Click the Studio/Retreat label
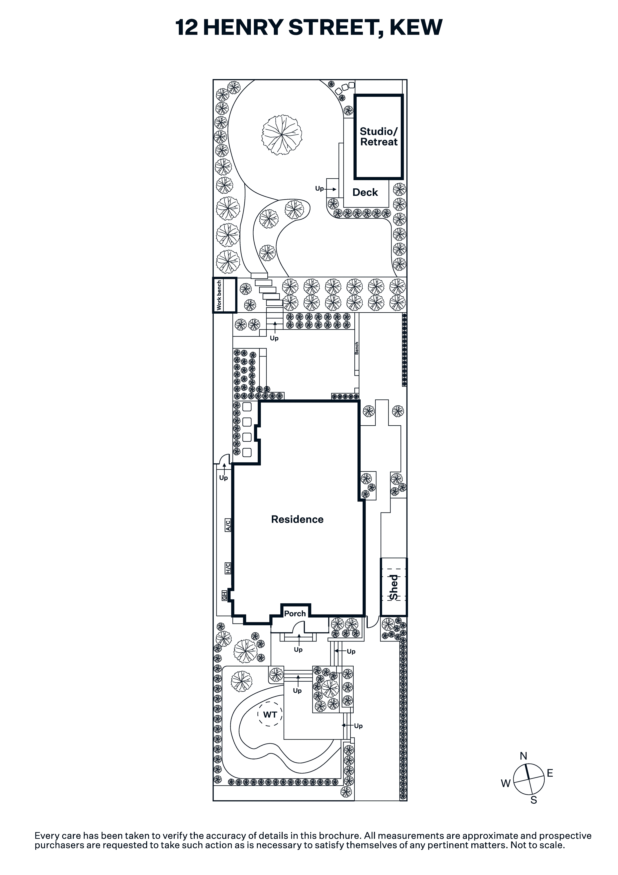click(379, 137)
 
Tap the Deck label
click(365, 192)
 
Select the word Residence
click(297, 519)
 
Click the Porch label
click(295, 614)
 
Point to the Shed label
click(394, 587)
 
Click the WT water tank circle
click(270, 714)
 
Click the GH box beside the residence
click(225, 596)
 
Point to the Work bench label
click(219, 295)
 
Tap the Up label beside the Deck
click(319, 188)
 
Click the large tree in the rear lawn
click(282, 135)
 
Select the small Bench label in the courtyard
click(357, 348)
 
